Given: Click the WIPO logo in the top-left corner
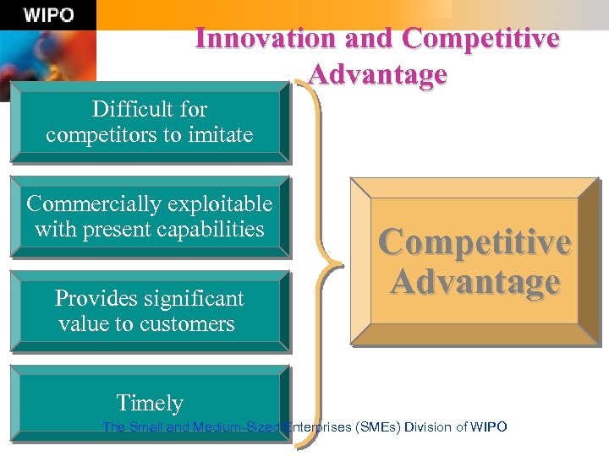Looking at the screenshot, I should click(x=48, y=15).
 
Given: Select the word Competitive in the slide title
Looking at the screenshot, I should click(x=481, y=39).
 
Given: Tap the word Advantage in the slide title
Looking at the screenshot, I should click(x=377, y=74).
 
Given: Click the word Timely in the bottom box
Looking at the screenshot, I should click(x=150, y=403).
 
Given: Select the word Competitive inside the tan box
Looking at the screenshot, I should click(x=475, y=242).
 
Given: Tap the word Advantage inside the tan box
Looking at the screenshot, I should click(x=475, y=281).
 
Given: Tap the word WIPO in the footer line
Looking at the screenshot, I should click(x=489, y=427).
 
